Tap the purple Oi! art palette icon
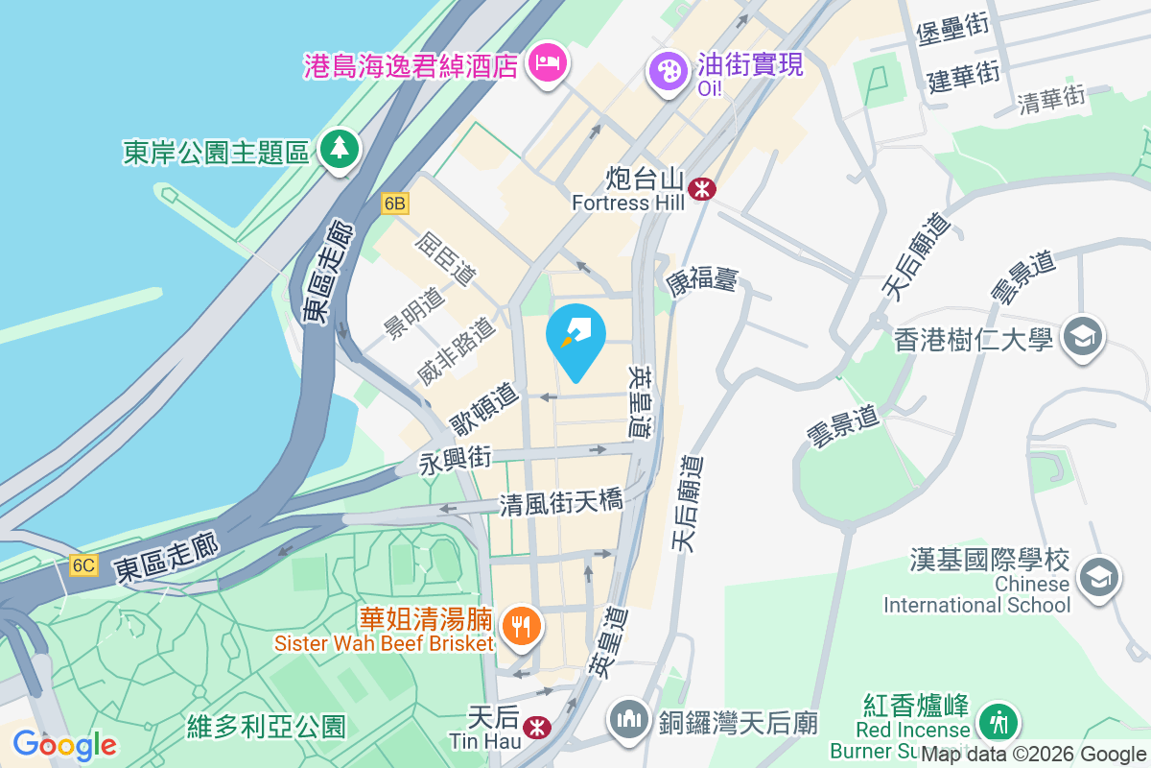(x=667, y=70)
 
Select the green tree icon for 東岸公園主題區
(x=338, y=149)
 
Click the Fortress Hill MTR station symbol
(x=703, y=188)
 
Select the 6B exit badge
(x=394, y=204)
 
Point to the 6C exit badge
(x=82, y=565)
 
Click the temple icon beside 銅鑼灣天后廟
(x=629, y=720)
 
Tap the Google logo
(x=64, y=744)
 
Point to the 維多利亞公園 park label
(x=267, y=726)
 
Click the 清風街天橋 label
(x=561, y=503)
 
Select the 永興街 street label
(x=456, y=461)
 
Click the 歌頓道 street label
(x=485, y=410)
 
